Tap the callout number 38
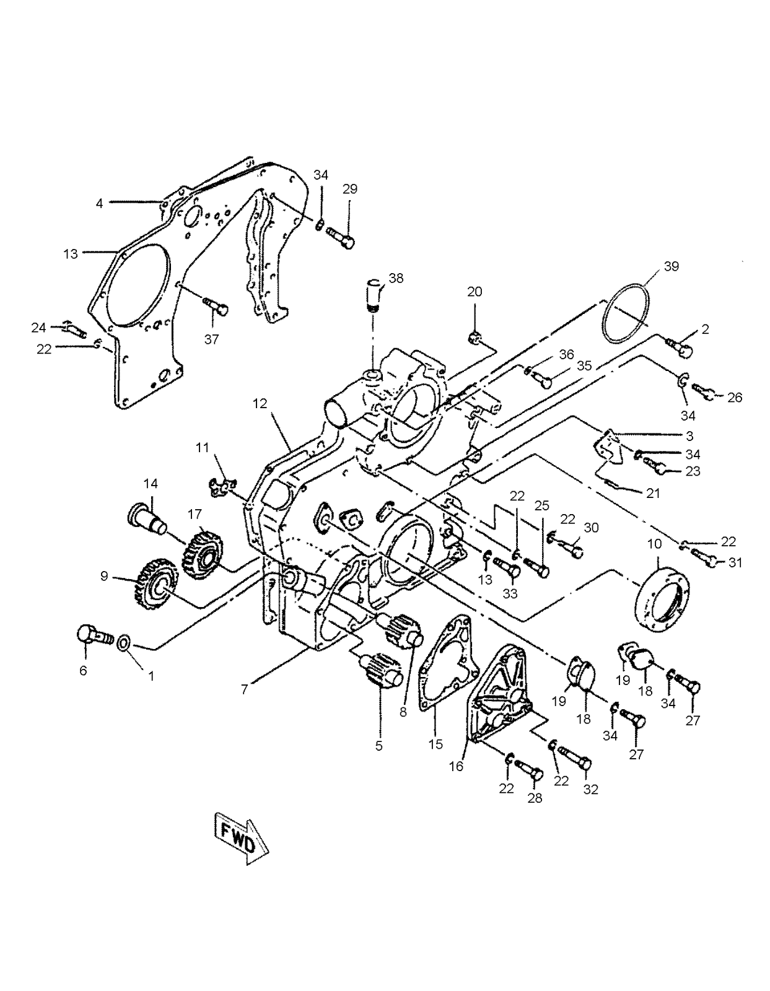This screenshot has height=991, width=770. click(396, 279)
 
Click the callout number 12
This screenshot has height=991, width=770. click(260, 404)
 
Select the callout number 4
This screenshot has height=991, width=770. click(98, 203)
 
